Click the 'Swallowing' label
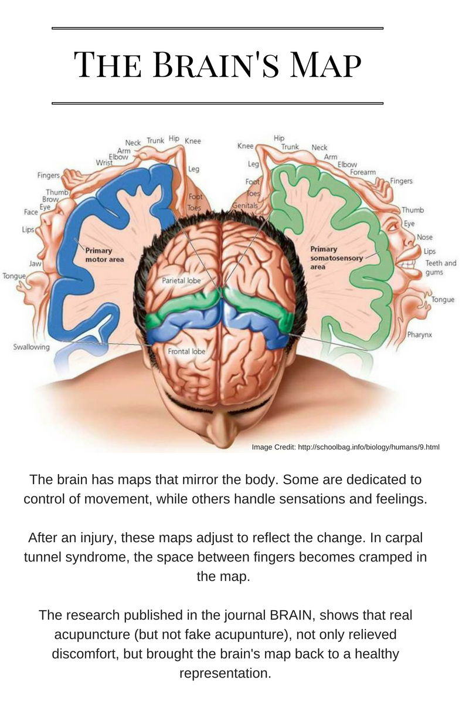tap(32, 347)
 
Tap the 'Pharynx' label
tap(420, 335)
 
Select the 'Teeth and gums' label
tap(441, 268)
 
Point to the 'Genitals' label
tap(245, 207)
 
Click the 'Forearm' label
tap(363, 172)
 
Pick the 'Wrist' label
tap(104, 163)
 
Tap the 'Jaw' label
tap(35, 264)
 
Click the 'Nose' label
tap(425, 237)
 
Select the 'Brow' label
tap(50, 199)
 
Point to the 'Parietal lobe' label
tap(181, 281)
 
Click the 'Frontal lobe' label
tap(186, 352)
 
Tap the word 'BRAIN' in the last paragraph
tap(291, 616)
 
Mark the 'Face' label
tap(31, 212)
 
